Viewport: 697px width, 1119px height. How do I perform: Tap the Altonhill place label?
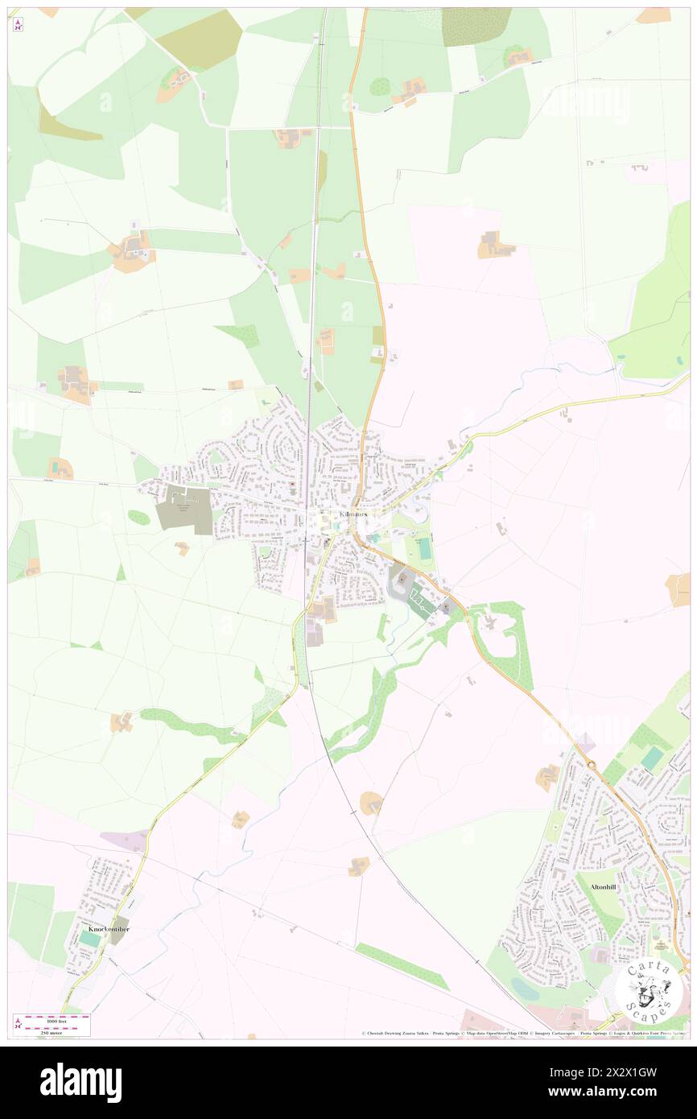point(603,886)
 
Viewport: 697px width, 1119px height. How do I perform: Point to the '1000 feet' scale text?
point(54,1016)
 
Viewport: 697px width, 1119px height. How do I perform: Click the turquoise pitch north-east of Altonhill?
point(652,758)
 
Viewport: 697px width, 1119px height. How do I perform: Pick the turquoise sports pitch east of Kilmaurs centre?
point(423,550)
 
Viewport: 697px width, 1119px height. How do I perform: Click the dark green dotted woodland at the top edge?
point(476,26)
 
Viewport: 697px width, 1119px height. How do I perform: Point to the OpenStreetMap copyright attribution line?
point(523,1034)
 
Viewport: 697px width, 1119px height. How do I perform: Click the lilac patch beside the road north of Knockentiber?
point(126,840)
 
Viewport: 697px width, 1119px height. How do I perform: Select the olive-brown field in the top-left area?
point(199,38)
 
